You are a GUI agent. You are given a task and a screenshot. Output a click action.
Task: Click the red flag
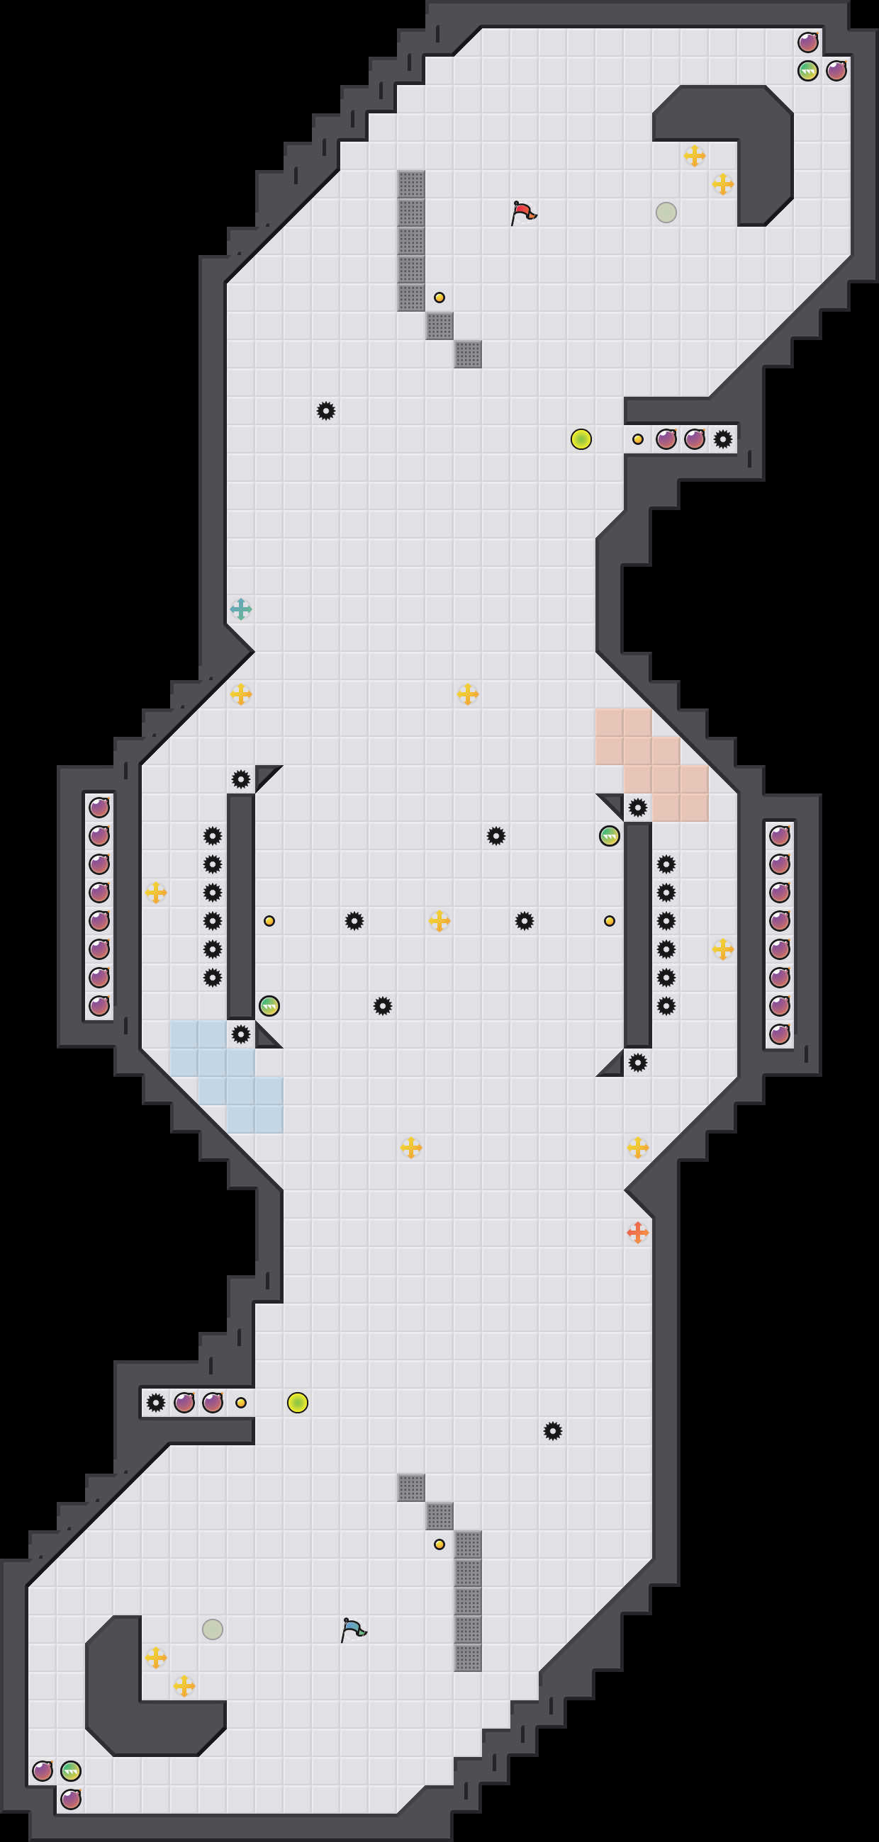click(524, 213)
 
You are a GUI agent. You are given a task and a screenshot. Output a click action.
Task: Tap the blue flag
click(353, 1629)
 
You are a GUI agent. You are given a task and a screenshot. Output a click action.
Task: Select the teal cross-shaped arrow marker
click(241, 609)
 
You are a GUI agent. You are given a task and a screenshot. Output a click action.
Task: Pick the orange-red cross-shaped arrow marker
click(637, 1232)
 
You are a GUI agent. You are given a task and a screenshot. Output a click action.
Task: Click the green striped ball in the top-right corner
click(807, 71)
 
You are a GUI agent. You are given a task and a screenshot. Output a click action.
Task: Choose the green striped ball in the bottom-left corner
click(71, 1770)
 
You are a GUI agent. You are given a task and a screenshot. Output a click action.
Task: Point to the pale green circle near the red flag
click(666, 213)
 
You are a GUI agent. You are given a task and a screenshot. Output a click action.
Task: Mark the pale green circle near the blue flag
click(213, 1629)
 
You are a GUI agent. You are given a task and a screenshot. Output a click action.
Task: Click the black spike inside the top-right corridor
click(722, 439)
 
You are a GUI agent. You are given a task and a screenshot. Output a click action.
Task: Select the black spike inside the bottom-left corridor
click(156, 1402)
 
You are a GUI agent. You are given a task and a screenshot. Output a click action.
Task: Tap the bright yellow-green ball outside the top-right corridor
click(581, 439)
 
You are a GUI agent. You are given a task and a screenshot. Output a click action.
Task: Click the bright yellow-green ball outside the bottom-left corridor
click(298, 1402)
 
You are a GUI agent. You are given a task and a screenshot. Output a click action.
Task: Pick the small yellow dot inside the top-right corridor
click(637, 439)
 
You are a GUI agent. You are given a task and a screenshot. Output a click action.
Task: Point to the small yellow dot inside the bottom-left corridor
click(241, 1402)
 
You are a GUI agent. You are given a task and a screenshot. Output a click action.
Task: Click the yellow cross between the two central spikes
click(439, 920)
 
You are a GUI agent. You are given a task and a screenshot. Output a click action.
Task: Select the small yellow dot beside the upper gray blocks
click(439, 298)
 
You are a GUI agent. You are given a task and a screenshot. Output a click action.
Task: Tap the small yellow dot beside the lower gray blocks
click(439, 1544)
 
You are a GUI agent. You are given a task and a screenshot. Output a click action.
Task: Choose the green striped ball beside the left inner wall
click(269, 1005)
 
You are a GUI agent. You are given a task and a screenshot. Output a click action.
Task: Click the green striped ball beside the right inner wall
click(609, 835)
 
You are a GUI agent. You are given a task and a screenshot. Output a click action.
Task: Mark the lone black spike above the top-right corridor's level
click(325, 410)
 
